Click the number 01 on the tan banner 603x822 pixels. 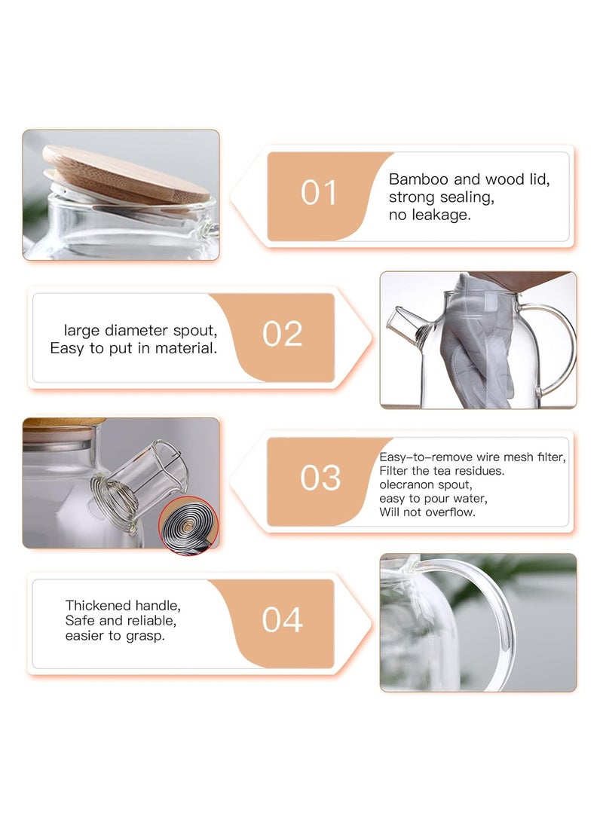point(319,193)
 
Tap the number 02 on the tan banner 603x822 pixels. point(282,334)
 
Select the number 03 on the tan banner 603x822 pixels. point(320,478)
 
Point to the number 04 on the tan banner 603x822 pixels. point(282,619)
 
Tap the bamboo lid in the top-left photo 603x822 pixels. point(126,175)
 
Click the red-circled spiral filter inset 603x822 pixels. point(188,524)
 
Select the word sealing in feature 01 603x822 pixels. point(467,197)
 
